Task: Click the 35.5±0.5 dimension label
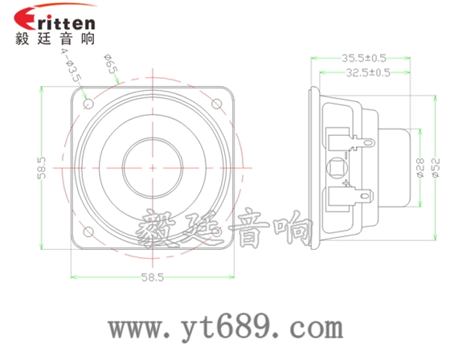click(x=363, y=58)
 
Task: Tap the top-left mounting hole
click(x=88, y=104)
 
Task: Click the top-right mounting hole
click(x=216, y=104)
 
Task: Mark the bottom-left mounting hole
click(x=88, y=233)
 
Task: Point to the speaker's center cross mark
click(x=152, y=168)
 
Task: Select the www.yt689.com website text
click(x=226, y=329)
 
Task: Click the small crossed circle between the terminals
click(x=337, y=168)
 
